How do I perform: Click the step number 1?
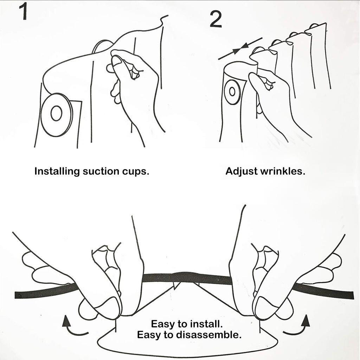pos(24,12)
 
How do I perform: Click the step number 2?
pos(216,20)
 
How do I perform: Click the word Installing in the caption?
pos(57,172)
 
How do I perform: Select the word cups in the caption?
pos(135,172)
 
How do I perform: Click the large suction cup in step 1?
pos(57,115)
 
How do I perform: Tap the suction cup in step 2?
pos(232,92)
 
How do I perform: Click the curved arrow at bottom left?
pos(73,326)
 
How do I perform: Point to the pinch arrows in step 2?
pos(240,49)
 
